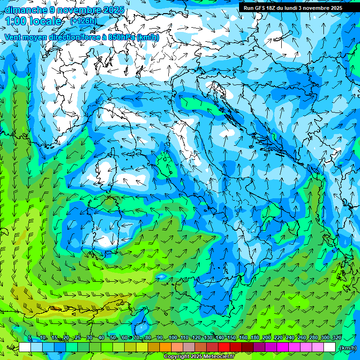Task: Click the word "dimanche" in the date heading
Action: [x=25, y=10]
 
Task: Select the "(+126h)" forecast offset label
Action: [x=83, y=21]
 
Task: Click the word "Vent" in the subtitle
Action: [x=13, y=37]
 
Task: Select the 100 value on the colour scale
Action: [x=173, y=338]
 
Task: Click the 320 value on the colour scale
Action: [x=336, y=338]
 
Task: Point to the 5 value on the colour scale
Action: [x=30, y=338]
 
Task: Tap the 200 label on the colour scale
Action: [x=267, y=338]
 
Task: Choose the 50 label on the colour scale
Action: [x=113, y=338]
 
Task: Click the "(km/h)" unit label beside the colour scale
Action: [x=347, y=348]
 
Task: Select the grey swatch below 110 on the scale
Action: [x=189, y=347]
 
